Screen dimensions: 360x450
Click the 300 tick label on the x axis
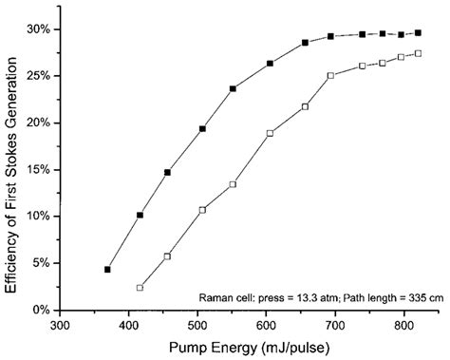pyautogui.click(x=61, y=325)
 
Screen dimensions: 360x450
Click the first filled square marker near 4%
pyautogui.click(x=107, y=270)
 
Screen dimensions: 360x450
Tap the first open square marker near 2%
pyautogui.click(x=140, y=288)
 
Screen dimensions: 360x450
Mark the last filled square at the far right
pyautogui.click(x=419, y=33)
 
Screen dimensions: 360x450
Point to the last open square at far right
pyautogui.click(x=419, y=54)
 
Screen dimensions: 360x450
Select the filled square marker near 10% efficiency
pyautogui.click(x=140, y=216)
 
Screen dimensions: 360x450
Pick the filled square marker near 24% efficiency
pyautogui.click(x=233, y=89)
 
